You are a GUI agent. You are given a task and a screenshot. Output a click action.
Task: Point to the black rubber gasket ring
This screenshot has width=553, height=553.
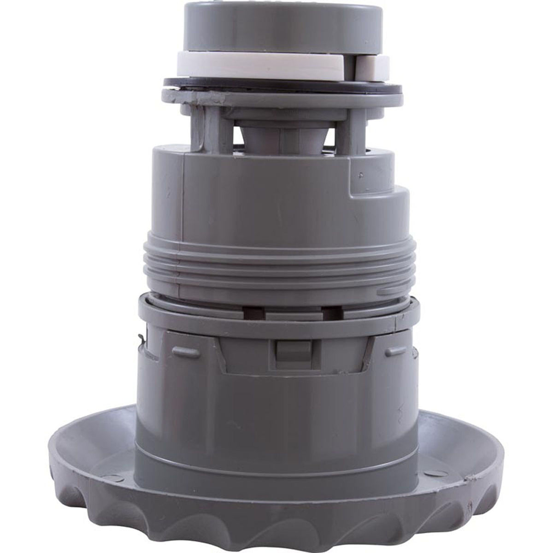(x=281, y=83)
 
